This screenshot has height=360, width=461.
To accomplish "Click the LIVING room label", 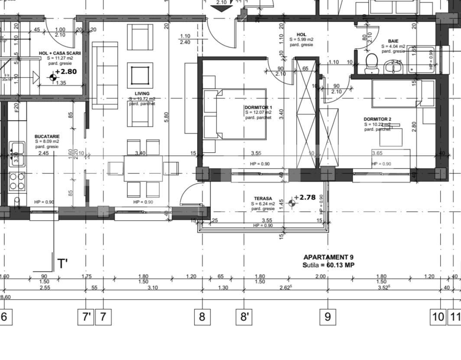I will pos(142,94).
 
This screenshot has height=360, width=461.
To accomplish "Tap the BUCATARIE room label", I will pos(47,136).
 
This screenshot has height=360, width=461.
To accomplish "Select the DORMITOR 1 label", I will pos(258,107).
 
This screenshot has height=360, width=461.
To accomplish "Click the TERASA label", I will pos(263,198).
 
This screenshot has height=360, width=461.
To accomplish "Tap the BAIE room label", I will pos(393,41).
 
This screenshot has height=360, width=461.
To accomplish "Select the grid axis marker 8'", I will pos(244,317).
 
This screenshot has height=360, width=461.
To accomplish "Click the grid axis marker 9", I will pos(328,317).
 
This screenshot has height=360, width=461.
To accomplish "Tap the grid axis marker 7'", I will pos(85,317).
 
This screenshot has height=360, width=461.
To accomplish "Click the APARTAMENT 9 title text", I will pos(328,257).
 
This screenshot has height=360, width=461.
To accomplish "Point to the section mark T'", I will pos(62,263).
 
